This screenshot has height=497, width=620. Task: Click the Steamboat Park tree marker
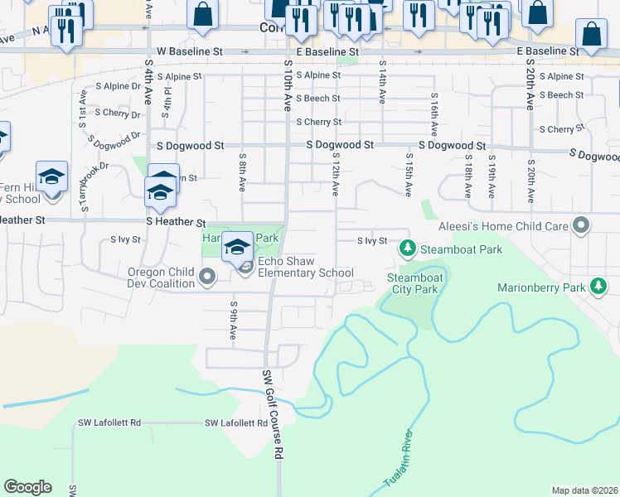[x=407, y=248]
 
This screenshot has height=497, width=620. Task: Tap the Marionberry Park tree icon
[x=598, y=287]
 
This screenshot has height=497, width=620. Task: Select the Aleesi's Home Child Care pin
[x=581, y=225]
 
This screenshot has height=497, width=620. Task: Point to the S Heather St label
[x=175, y=223]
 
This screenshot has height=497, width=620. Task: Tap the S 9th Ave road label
[x=233, y=321]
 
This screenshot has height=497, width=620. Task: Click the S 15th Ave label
[x=409, y=174]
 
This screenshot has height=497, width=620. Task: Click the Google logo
[x=27, y=486]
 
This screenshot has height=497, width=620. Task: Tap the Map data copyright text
[x=584, y=490]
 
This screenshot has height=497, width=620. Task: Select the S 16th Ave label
[x=434, y=114]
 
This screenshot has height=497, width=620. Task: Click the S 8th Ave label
[x=242, y=172]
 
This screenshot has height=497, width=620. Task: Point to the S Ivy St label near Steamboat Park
[x=372, y=241]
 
